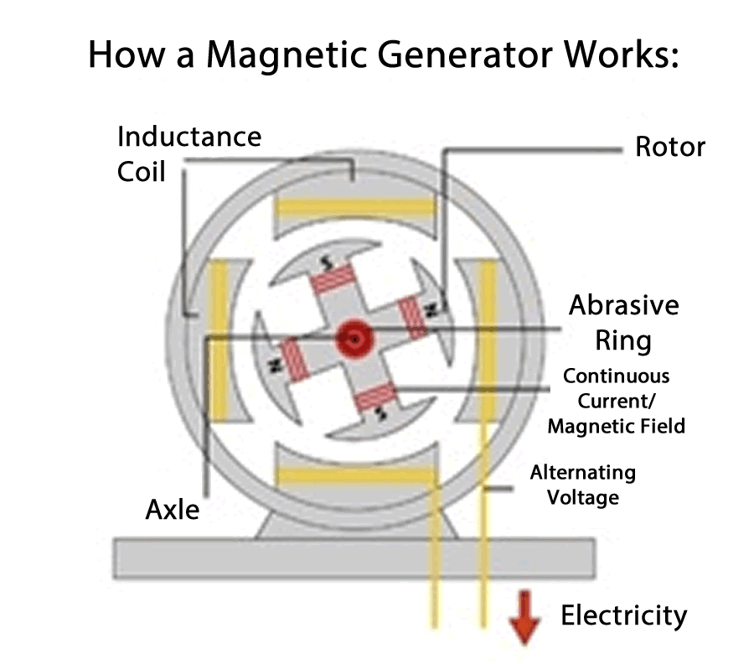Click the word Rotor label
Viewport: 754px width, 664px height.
tap(670, 147)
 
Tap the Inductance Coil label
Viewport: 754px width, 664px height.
tap(188, 153)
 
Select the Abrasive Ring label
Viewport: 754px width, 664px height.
tap(623, 322)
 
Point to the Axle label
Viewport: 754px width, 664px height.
tap(173, 508)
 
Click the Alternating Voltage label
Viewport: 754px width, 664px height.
tap(583, 485)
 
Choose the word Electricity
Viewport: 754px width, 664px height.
tap(623, 615)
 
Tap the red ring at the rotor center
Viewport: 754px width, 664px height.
tap(355, 340)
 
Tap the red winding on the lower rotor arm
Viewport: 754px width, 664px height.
tap(378, 397)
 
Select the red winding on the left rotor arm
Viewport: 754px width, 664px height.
tap(294, 359)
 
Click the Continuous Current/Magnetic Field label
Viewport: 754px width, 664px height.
tap(616, 401)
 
